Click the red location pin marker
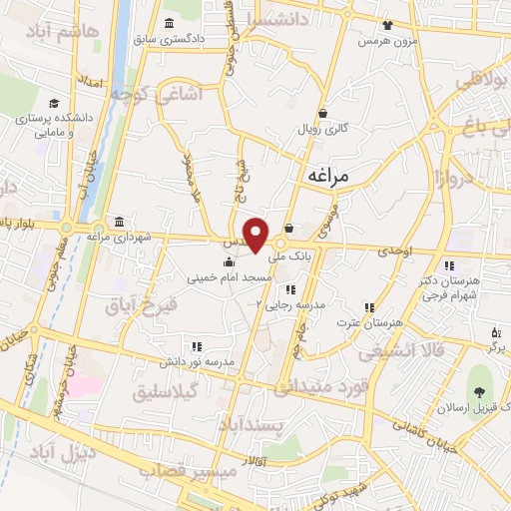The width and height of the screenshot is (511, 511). click(x=256, y=235)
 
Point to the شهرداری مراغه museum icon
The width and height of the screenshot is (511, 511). click(x=120, y=222)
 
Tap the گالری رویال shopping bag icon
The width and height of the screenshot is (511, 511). click(x=322, y=114)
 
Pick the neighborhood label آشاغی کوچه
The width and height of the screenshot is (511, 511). click(x=157, y=93)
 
